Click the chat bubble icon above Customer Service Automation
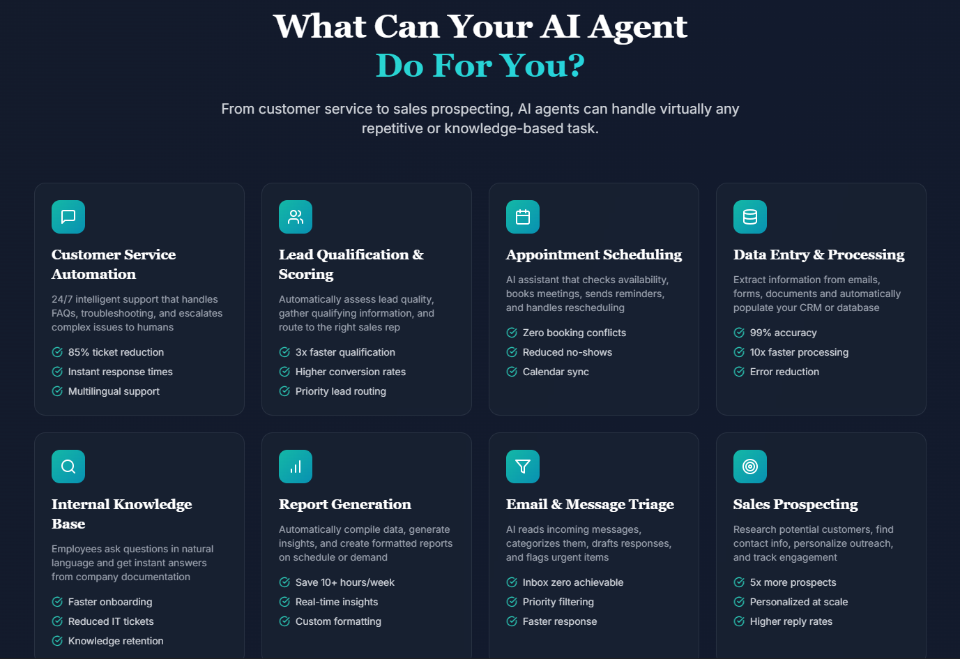[68, 217]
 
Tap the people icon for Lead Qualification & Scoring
[296, 217]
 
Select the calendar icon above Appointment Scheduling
[522, 217]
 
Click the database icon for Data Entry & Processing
[749, 217]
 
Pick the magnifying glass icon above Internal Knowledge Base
[68, 467]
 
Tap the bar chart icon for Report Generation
[296, 467]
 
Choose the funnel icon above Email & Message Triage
[522, 467]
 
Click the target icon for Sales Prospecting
[749, 467]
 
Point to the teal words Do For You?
[480, 66]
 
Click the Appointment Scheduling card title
[593, 255]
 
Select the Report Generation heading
[344, 504]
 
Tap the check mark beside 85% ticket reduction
[57, 352]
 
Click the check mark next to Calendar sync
[512, 372]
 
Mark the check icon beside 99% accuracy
[739, 333]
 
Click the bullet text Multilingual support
[114, 391]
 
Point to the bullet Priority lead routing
[341, 391]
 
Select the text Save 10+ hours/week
[344, 582]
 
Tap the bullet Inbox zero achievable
[573, 582]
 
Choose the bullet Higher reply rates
[791, 622]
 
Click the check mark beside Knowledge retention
[57, 641]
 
